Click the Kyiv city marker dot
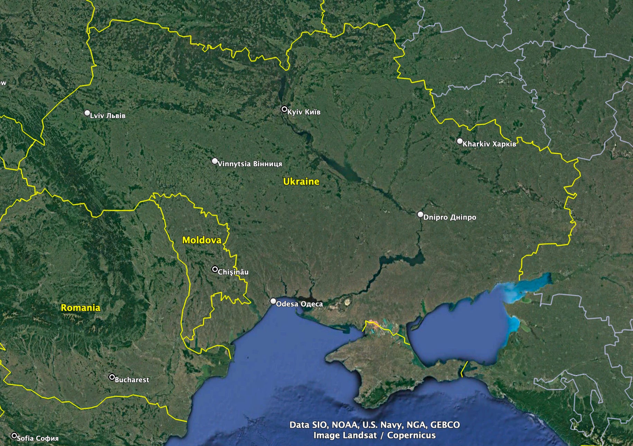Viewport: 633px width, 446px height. coord(284,109)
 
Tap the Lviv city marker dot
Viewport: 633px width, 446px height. coord(87,113)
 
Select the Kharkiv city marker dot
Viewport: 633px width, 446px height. coord(460,141)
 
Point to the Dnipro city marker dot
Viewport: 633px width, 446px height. coord(420,215)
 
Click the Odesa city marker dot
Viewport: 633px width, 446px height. coord(273,301)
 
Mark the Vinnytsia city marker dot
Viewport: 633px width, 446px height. coord(215,161)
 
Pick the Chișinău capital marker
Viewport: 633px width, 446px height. coord(215,269)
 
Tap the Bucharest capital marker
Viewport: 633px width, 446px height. coord(112,377)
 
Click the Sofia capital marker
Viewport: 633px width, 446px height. coord(14,436)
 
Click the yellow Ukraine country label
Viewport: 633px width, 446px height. coord(301,181)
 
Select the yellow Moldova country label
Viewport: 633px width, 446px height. coord(202,240)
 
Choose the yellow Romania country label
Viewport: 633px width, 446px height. coord(81,308)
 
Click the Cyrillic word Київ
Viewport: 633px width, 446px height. coord(313,112)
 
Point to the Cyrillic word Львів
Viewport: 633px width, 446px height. coord(116,116)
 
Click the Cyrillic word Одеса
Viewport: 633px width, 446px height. coord(311,304)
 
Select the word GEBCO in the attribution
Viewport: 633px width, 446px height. coord(445,425)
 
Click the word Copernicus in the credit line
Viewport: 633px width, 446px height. coord(411,435)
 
